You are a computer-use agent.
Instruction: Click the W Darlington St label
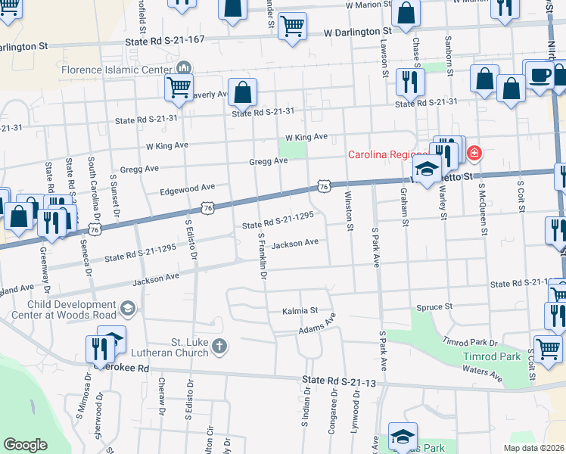(x=357, y=33)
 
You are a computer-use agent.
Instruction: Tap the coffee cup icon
(x=540, y=76)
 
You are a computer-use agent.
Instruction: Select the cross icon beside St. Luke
(x=219, y=347)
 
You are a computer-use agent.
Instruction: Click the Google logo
(x=25, y=445)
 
